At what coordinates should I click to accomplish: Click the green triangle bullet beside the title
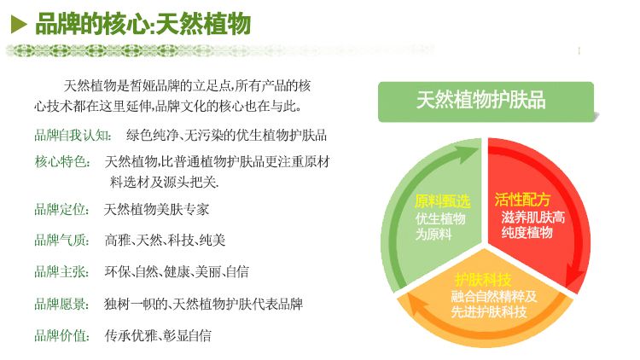tap(19, 25)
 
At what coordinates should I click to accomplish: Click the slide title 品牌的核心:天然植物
tap(143, 24)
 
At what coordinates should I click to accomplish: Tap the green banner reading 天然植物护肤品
tap(486, 102)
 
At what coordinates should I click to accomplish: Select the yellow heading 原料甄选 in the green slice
tap(442, 201)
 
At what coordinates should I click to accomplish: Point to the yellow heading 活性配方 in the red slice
tap(522, 200)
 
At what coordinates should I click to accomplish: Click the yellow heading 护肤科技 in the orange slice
tap(483, 280)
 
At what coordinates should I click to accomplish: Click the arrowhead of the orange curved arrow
tap(416, 304)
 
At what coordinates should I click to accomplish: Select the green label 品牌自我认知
tap(73, 135)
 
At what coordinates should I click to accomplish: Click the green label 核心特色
tap(62, 161)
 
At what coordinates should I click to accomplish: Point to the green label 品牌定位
tap(61, 209)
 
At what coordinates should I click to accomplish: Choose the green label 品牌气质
tap(61, 240)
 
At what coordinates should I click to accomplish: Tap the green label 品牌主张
tap(61, 271)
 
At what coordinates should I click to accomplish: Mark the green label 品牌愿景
tap(61, 304)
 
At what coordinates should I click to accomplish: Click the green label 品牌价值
tap(61, 335)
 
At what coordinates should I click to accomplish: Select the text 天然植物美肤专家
tap(156, 209)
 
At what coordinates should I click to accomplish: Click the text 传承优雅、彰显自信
tap(158, 335)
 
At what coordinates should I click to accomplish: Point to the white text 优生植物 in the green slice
tap(440, 218)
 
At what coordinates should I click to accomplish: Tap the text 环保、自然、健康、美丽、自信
tap(177, 271)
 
